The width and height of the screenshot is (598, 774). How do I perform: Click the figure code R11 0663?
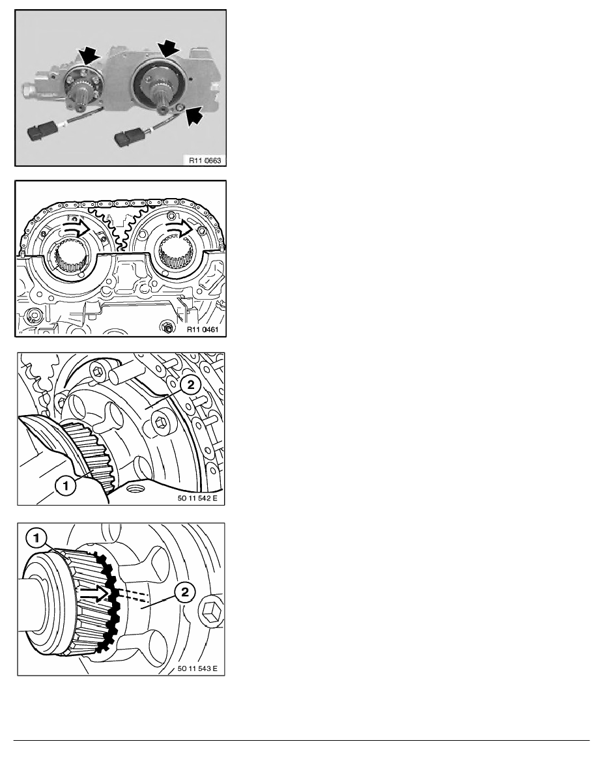tap(205, 160)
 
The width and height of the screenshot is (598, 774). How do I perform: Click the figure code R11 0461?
tap(203, 330)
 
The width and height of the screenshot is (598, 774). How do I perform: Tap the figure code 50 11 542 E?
tap(197, 498)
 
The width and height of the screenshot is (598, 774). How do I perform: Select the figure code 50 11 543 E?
tap(197, 669)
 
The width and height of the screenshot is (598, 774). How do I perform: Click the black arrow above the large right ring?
tap(169, 50)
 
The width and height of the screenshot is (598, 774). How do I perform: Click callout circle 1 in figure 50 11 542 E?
tap(66, 486)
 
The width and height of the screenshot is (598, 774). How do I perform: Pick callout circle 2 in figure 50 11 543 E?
tap(185, 592)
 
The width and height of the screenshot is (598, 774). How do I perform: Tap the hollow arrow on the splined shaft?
tap(94, 593)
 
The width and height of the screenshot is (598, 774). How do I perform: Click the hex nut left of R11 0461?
tap(167, 326)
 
